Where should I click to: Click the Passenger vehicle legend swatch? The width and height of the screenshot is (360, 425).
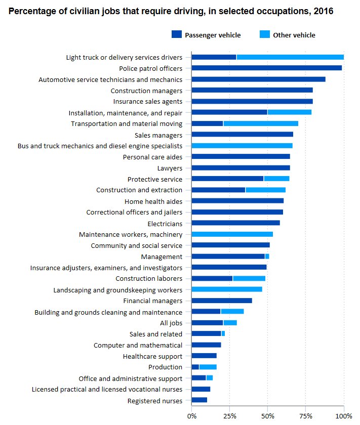pyautogui.click(x=176, y=35)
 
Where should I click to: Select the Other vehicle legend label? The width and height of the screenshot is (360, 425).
pyautogui.click(x=294, y=35)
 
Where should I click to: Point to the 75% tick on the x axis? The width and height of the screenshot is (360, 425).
pyautogui.click(x=306, y=416)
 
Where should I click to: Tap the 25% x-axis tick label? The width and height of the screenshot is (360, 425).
pyautogui.click(x=229, y=416)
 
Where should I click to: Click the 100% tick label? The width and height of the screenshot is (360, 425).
pyautogui.click(x=344, y=416)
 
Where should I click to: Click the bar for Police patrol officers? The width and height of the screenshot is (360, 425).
pyautogui.click(x=267, y=68)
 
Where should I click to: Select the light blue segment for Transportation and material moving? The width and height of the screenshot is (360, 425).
pyautogui.click(x=261, y=123)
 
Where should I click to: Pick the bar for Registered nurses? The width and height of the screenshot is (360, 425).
pyautogui.click(x=199, y=401)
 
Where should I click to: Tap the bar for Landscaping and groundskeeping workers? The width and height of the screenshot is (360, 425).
pyautogui.click(x=227, y=289)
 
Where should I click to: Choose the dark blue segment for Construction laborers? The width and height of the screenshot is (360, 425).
pyautogui.click(x=212, y=278)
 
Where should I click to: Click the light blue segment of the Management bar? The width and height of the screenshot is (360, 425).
pyautogui.click(x=267, y=257)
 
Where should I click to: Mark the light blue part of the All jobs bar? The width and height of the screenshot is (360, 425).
pyautogui.click(x=230, y=323)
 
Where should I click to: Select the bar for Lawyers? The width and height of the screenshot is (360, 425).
pyautogui.click(x=241, y=167)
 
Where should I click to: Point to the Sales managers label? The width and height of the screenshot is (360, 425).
pyautogui.click(x=158, y=135)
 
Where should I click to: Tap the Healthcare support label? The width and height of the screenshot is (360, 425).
pyautogui.click(x=152, y=356)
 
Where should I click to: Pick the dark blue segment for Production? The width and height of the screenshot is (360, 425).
pyautogui.click(x=195, y=367)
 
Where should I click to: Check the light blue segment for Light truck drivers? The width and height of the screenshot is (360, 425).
pyautogui.click(x=290, y=57)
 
